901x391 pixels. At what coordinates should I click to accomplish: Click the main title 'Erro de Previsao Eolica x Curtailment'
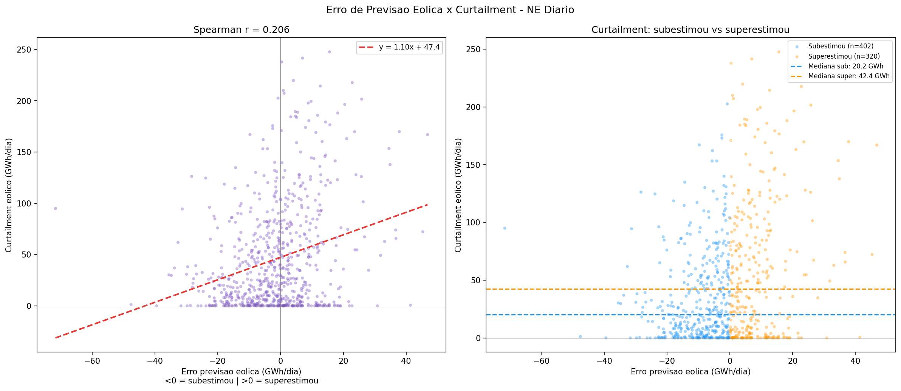pyautogui.click(x=450, y=10)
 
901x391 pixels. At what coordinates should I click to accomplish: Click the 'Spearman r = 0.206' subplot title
pyautogui.click(x=242, y=30)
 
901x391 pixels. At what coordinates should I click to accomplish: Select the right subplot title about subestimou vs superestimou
pyautogui.click(x=690, y=30)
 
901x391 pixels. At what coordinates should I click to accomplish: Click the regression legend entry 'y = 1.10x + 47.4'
pyautogui.click(x=409, y=47)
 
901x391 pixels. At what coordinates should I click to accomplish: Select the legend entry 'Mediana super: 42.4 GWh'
pyautogui.click(x=849, y=76)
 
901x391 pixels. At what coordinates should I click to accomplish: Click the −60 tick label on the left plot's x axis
pyautogui.click(x=92, y=361)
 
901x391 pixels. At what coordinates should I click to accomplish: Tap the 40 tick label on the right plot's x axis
pyautogui.click(x=855, y=361)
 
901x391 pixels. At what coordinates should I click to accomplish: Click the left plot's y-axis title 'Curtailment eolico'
pyautogui.click(x=9, y=195)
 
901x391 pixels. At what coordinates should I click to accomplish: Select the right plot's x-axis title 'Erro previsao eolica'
pyautogui.click(x=690, y=372)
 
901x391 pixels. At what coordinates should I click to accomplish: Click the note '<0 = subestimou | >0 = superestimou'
pyautogui.click(x=242, y=381)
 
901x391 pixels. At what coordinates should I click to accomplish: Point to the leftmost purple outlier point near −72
pyautogui.click(x=56, y=208)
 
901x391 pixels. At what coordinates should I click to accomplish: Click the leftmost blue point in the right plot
pyautogui.click(x=505, y=228)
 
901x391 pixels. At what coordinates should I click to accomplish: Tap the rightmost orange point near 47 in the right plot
pyautogui.click(x=877, y=145)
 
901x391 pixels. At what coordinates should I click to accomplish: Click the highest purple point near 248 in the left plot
pyautogui.click(x=329, y=52)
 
